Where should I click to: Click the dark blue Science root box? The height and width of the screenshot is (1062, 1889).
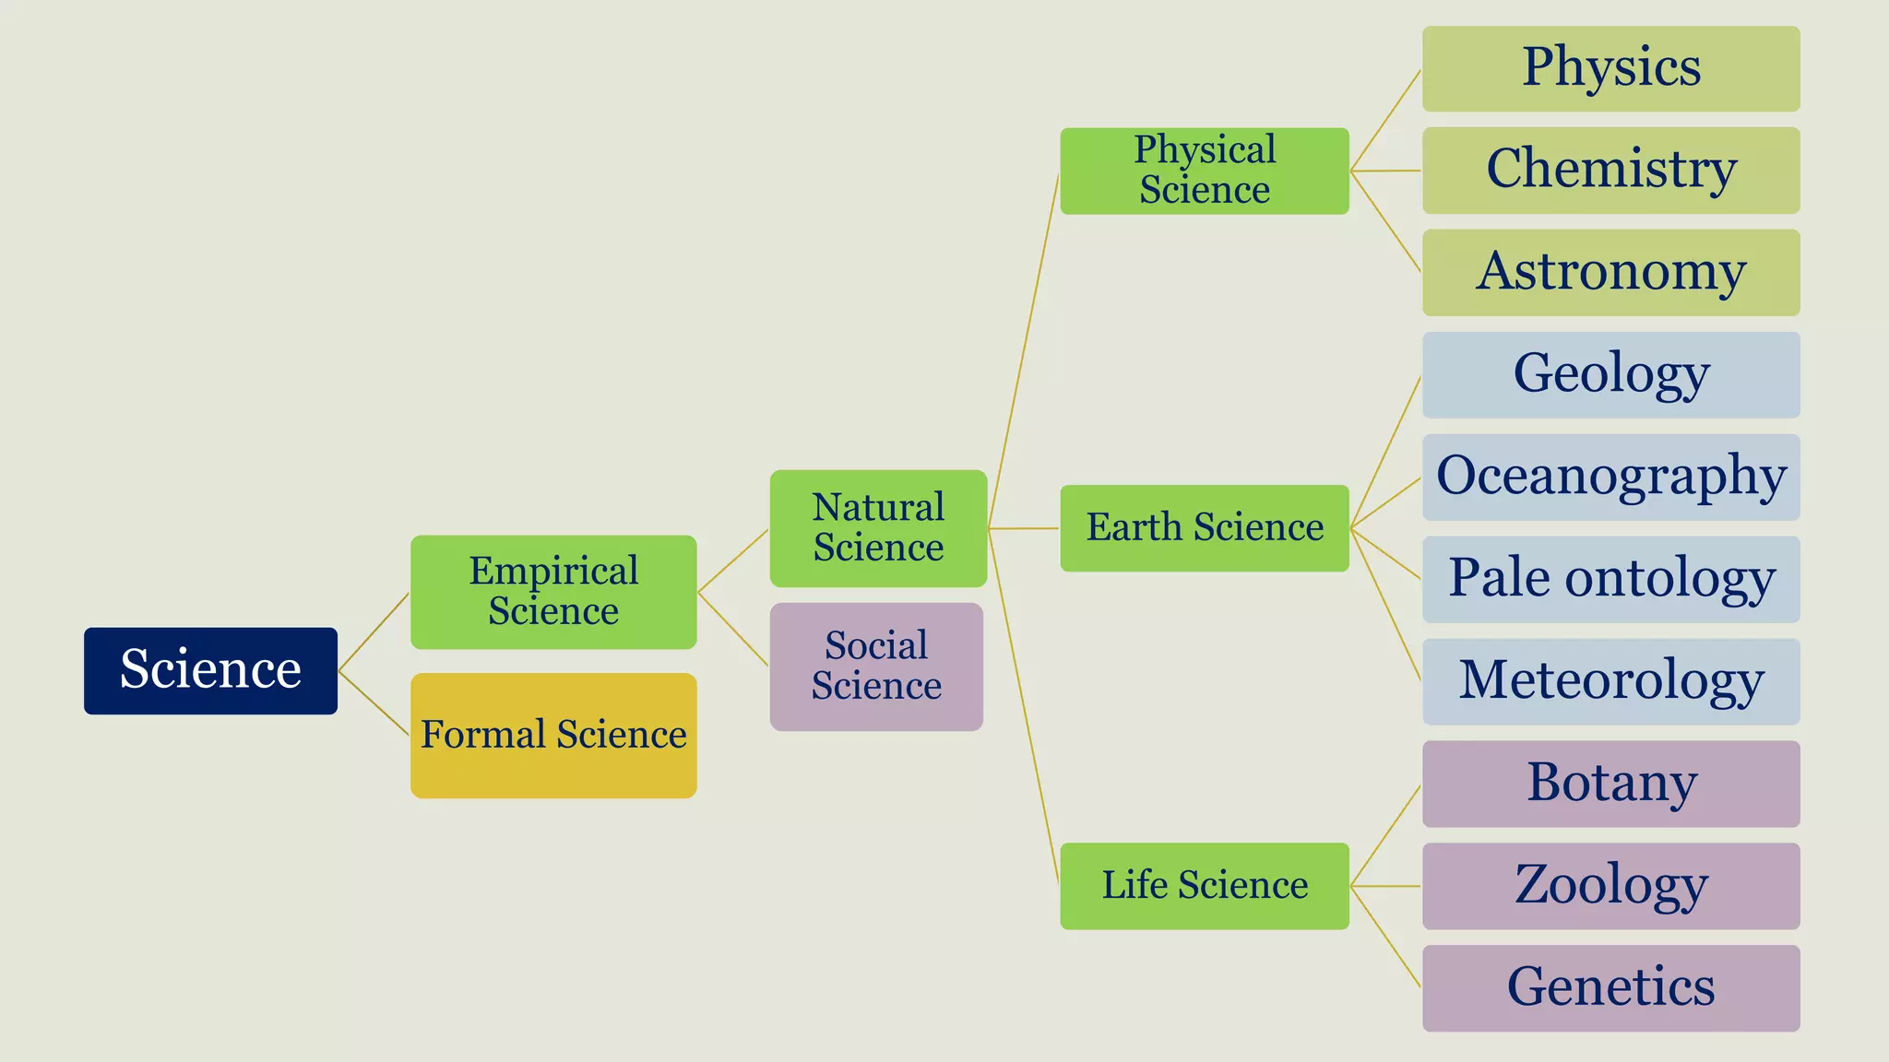click(210, 670)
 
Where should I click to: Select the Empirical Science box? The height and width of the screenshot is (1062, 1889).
click(553, 592)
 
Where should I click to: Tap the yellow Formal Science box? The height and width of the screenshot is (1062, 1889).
click(553, 735)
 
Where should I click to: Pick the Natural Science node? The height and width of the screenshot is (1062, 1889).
click(878, 528)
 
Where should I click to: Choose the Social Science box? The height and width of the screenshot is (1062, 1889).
click(876, 667)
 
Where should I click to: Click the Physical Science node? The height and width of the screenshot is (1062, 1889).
click(1205, 171)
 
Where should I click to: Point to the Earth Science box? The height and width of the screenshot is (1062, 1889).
click(1205, 528)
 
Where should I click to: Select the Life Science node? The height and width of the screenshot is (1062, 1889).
click(1205, 886)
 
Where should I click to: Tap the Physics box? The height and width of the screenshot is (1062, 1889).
click(1610, 69)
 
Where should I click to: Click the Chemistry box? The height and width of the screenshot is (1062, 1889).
click(1610, 171)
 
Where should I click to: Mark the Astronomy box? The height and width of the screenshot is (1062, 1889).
click(1610, 273)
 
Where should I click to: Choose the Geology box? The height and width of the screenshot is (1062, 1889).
click(1610, 375)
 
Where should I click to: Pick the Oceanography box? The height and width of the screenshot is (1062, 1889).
click(1610, 478)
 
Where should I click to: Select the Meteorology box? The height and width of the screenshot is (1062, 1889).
click(1610, 681)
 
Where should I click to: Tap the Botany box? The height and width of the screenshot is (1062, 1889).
click(1610, 784)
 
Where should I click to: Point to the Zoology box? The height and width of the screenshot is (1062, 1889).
click(1610, 886)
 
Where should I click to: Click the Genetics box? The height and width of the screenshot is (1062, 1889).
click(1610, 988)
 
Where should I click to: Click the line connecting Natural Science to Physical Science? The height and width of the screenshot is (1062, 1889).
click(1024, 350)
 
